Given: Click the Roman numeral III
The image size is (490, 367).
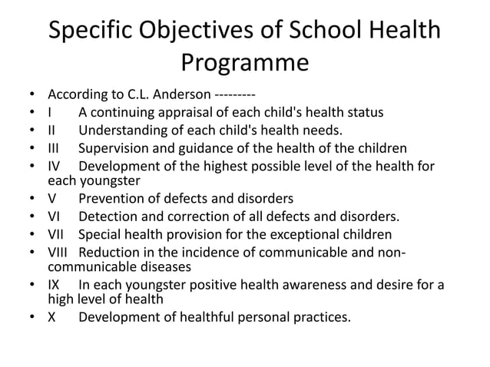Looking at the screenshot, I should click(55, 148).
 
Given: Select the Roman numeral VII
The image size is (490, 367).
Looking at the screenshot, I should click(57, 234).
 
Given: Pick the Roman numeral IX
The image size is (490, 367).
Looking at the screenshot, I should click(55, 286).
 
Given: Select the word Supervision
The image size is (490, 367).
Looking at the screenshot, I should click(117, 148).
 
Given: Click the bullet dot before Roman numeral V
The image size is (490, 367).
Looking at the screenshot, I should click(31, 199).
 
